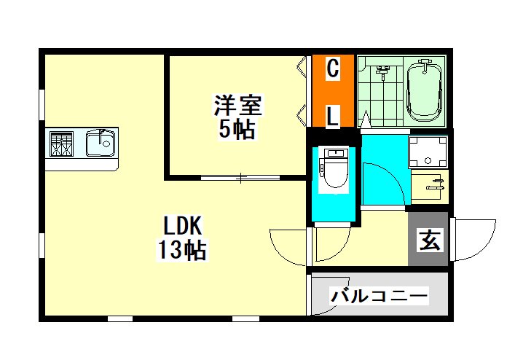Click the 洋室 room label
tap(237, 106)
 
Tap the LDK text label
tap(182, 225)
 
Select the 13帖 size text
tap(182, 250)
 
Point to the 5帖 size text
tap(237, 130)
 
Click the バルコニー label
tap(380, 295)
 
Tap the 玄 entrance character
tap(430, 240)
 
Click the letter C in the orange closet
tap(333, 69)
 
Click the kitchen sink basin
tap(101, 143)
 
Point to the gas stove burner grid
tap(61, 144)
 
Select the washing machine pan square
tap(428, 152)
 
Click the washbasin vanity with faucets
tap(429, 185)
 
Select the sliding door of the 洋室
tap(240, 178)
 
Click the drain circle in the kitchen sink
tap(106, 144)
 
